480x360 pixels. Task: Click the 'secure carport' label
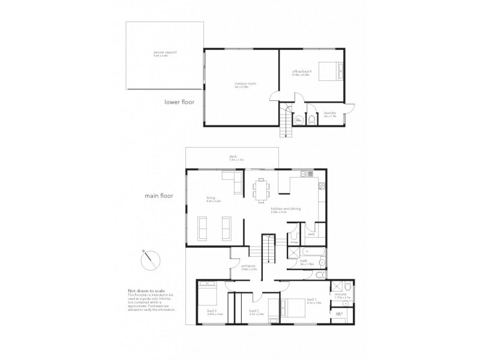pos(160,53)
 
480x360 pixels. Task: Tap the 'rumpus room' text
pos(242,84)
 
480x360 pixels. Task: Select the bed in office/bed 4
pos(328,71)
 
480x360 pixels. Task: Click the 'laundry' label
pos(329,112)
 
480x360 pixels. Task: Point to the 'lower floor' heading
pos(180,102)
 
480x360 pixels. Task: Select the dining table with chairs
pos(261,188)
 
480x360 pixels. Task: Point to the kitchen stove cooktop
pos(321,187)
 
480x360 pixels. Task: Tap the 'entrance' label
pos(232,265)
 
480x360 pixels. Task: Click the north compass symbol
pos(151,259)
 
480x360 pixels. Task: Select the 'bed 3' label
pos(211,310)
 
